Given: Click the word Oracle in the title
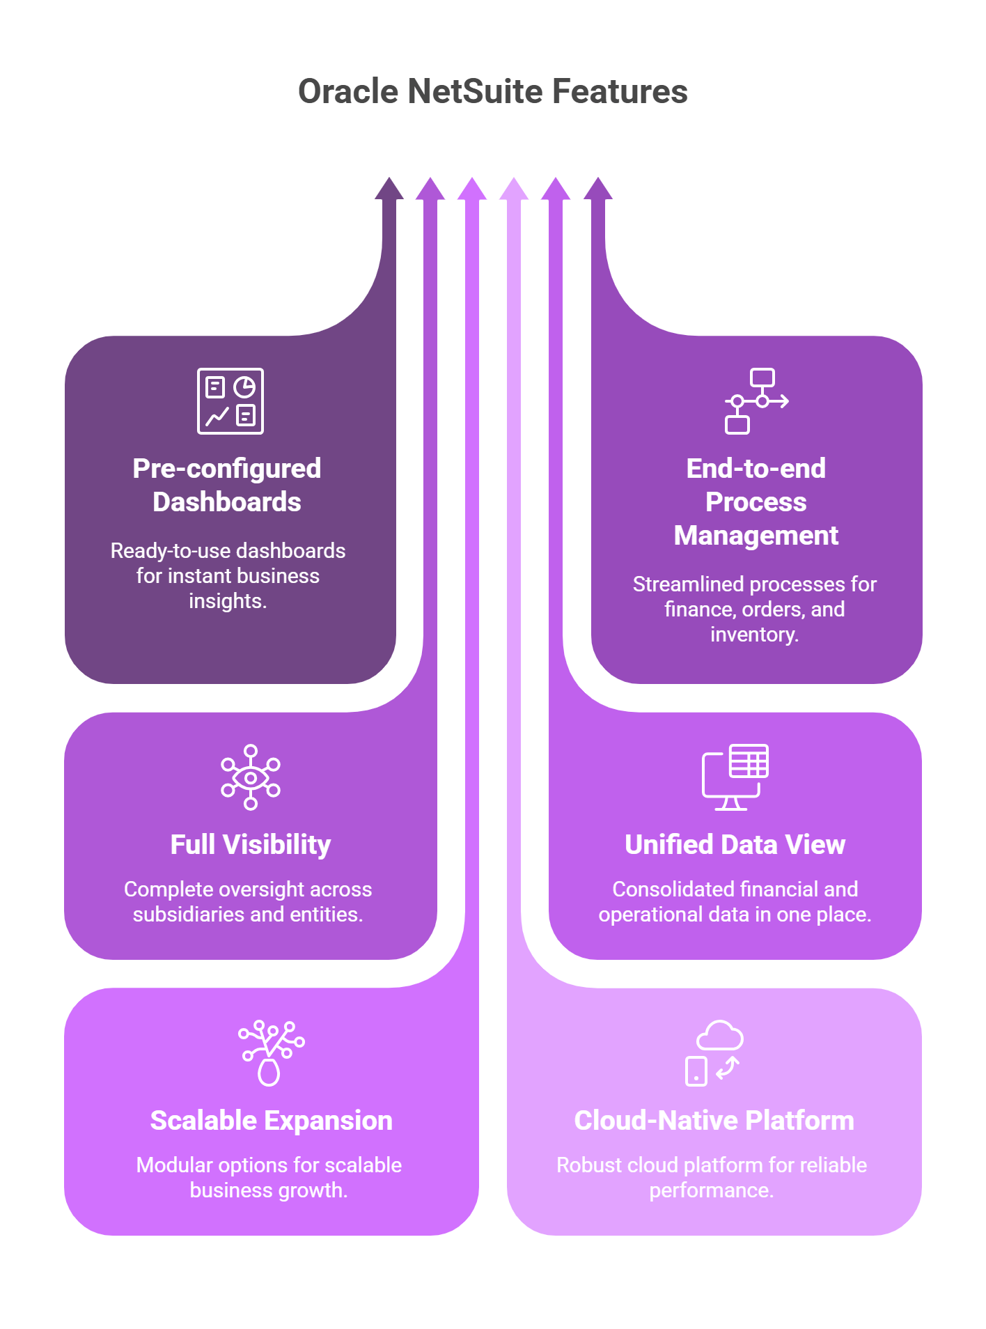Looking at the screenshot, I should (347, 92).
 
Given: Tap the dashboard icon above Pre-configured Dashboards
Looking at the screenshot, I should (230, 401).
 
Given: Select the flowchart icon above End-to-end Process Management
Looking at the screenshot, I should (756, 401).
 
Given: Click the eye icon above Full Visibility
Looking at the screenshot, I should (251, 777).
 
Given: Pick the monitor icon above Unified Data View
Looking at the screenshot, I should (735, 777).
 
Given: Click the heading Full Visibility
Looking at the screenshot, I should (251, 845).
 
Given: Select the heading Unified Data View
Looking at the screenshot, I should (735, 845).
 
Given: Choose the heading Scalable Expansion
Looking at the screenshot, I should (271, 1121).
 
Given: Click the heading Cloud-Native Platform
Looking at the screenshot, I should (714, 1121).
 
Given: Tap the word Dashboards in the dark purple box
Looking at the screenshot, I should (227, 502).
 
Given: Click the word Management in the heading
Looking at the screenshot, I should (756, 536).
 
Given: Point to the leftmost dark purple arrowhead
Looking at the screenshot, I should (389, 189).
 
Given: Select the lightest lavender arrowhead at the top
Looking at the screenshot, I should (514, 189).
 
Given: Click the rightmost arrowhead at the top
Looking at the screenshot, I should (597, 189).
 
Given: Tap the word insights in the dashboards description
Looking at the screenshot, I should (226, 601).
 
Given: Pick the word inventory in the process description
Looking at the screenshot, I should (753, 635).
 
